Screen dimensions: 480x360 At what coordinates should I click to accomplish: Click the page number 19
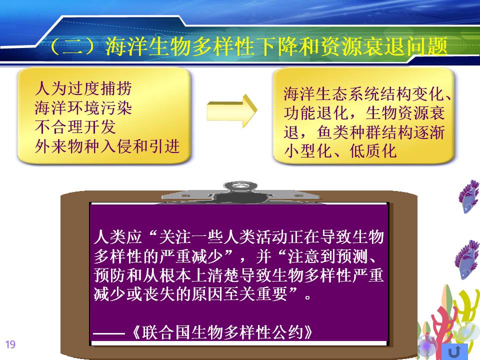click(x=10, y=344)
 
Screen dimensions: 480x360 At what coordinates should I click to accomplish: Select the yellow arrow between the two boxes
click(x=231, y=111)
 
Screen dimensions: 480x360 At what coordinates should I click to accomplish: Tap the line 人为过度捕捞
click(x=83, y=88)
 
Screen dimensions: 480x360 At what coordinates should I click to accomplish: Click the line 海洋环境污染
click(x=83, y=108)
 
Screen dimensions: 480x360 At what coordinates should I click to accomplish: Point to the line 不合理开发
click(x=75, y=126)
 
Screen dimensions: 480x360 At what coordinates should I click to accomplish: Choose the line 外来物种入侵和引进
click(x=107, y=146)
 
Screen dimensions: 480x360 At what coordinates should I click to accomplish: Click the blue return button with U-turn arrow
click(x=455, y=351)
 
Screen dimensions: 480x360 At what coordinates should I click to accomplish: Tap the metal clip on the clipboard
click(x=240, y=192)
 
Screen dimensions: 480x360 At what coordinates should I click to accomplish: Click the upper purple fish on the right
click(x=468, y=196)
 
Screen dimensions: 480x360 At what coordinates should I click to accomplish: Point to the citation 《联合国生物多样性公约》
click(x=222, y=332)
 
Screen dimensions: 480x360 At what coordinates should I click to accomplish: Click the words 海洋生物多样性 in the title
click(x=179, y=47)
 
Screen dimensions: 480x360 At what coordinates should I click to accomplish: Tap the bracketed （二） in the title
click(x=76, y=47)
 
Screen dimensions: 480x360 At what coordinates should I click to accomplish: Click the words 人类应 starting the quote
click(x=118, y=236)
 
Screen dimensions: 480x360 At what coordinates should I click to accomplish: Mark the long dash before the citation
click(x=109, y=333)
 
